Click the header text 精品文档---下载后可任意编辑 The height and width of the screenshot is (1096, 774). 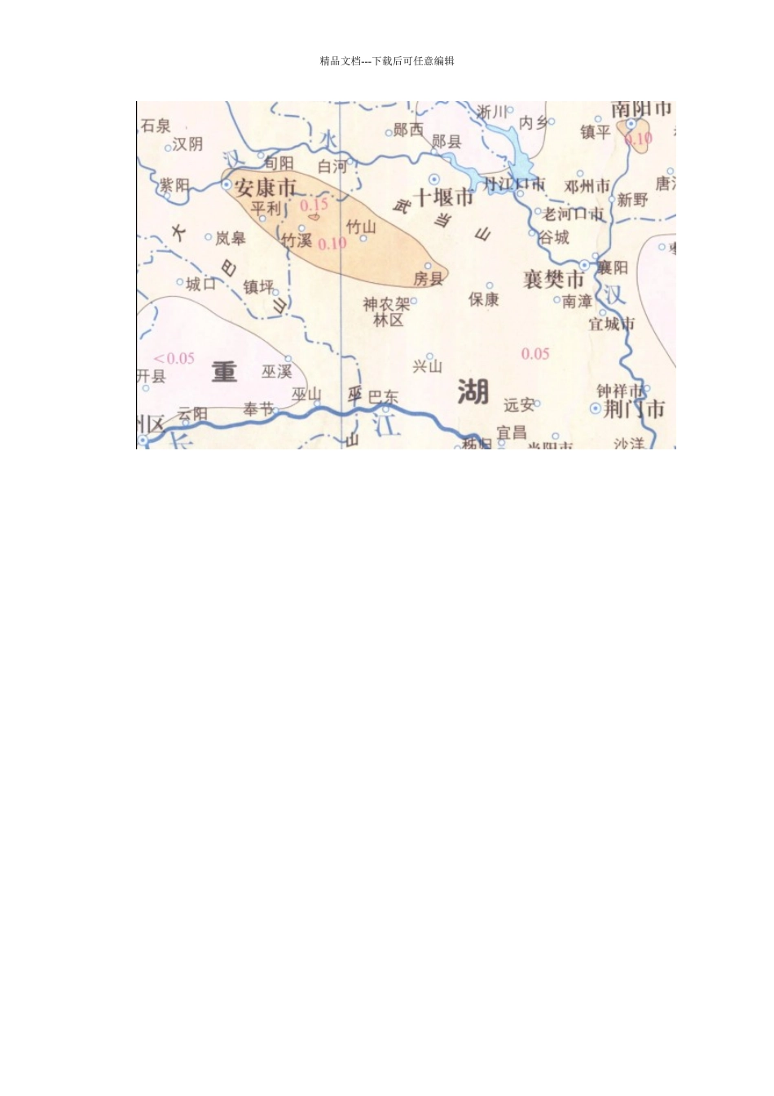pyautogui.click(x=387, y=61)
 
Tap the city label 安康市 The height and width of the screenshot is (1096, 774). pyautogui.click(x=266, y=188)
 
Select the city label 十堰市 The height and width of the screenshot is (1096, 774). pyautogui.click(x=444, y=197)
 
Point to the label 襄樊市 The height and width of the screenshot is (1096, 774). pyautogui.click(x=554, y=279)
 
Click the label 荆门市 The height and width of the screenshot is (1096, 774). pyautogui.click(x=635, y=409)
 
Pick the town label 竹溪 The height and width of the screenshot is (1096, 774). pyautogui.click(x=297, y=240)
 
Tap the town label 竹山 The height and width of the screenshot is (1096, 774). pyautogui.click(x=361, y=226)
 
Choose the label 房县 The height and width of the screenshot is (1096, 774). pyautogui.click(x=428, y=279)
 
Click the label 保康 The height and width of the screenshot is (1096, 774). pyautogui.click(x=483, y=300)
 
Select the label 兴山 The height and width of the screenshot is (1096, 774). pyautogui.click(x=427, y=366)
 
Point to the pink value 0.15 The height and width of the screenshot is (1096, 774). pyautogui.click(x=314, y=205)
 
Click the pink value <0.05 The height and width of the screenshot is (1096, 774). pyautogui.click(x=174, y=358)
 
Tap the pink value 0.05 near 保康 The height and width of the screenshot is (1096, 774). pyautogui.click(x=535, y=354)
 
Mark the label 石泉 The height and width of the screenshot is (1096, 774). pyautogui.click(x=156, y=126)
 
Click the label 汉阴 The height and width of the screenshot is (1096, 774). pyautogui.click(x=187, y=144)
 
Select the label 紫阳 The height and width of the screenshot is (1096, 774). pyautogui.click(x=174, y=186)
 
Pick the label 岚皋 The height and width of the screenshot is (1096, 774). pyautogui.click(x=231, y=238)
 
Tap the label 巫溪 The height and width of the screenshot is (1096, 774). pyautogui.click(x=276, y=372)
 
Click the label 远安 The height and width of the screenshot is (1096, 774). pyautogui.click(x=519, y=405)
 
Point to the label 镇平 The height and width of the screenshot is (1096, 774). pyautogui.click(x=596, y=131)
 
